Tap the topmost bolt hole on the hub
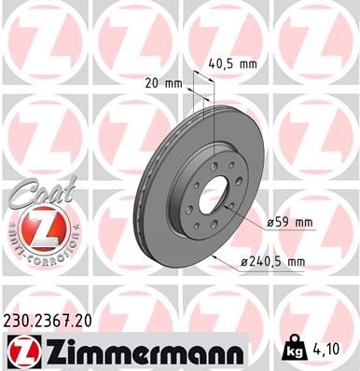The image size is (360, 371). [216, 152]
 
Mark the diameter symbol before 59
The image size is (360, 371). [269, 224]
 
